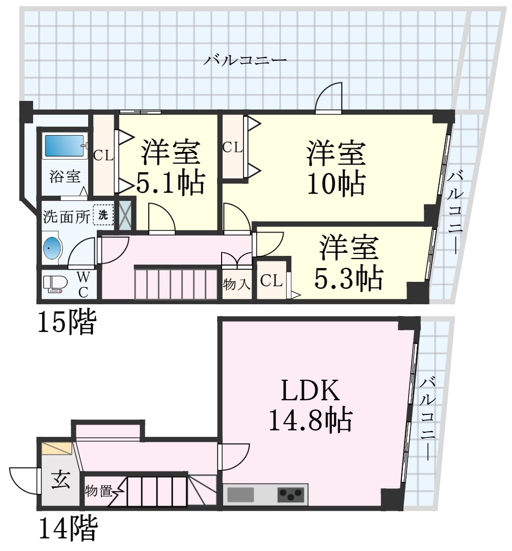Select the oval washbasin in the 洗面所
(52, 248)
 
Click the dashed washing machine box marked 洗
(103, 215)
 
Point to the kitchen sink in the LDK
(240, 495)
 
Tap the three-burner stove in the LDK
(291, 495)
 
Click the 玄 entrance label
(61, 480)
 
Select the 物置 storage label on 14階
(99, 490)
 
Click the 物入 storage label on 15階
(237, 284)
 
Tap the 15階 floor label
(67, 322)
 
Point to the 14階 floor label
(67, 528)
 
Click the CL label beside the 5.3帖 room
(272, 280)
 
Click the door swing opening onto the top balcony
(329, 98)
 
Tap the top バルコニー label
(246, 60)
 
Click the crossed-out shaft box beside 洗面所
(125, 214)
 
